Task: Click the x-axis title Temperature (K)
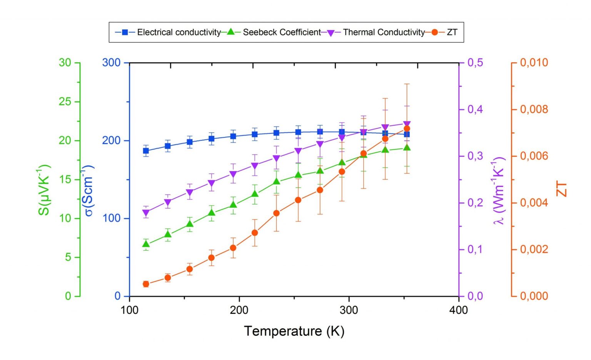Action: tap(294, 331)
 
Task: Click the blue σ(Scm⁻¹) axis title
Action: tap(88, 190)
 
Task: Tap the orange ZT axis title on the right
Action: tap(561, 190)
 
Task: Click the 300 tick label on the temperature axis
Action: tap(349, 310)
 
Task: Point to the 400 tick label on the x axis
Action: tap(458, 310)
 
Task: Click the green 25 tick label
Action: tap(65, 102)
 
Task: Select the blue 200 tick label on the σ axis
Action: tap(111, 140)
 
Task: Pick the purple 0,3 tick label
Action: tap(475, 156)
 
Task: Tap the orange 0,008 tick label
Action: tap(534, 109)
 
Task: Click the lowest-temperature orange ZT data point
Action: tap(146, 284)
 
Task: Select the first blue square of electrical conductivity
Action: tap(146, 151)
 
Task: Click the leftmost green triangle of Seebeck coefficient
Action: tap(146, 244)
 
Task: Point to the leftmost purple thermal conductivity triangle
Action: tap(146, 213)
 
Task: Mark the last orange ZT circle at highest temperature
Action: tap(407, 129)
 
